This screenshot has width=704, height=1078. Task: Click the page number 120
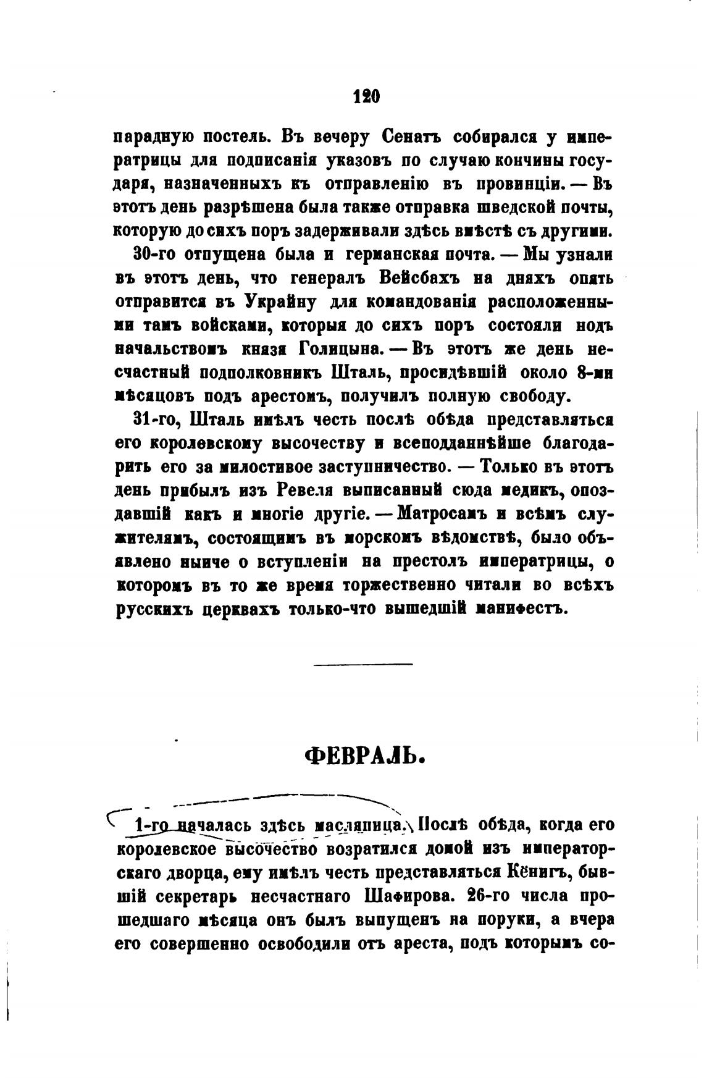pos(366,96)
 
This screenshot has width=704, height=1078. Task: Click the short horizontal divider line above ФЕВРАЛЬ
pos(362,664)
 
